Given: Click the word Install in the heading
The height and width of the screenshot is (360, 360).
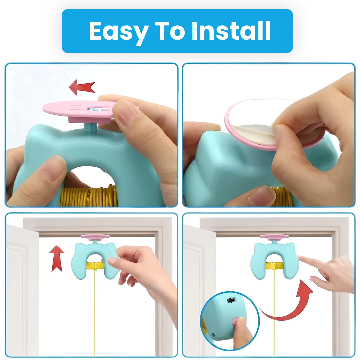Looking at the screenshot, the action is point(231,31).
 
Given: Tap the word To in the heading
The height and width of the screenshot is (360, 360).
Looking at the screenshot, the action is point(170,31).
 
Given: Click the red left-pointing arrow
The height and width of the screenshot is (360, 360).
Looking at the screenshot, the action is point(82,87).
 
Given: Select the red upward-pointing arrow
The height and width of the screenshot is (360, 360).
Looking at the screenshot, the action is point(56,259).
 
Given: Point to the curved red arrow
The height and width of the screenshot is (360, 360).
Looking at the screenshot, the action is point(289,305).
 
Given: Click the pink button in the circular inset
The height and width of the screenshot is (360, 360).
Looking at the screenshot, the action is point(235,321).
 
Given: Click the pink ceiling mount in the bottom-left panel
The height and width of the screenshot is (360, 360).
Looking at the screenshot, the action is point(95,237).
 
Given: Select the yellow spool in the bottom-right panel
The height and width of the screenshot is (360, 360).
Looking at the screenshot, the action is point(274,266).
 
